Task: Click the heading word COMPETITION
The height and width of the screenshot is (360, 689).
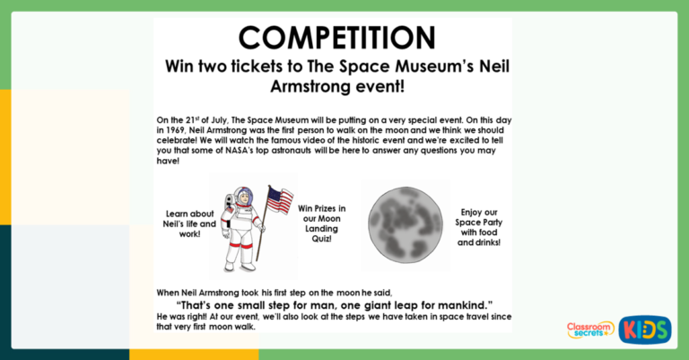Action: coord(336,38)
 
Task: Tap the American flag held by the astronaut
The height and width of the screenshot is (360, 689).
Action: coord(280,199)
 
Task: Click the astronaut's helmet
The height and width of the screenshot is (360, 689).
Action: coord(240,198)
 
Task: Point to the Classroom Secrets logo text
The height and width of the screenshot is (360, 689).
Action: coord(590,329)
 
